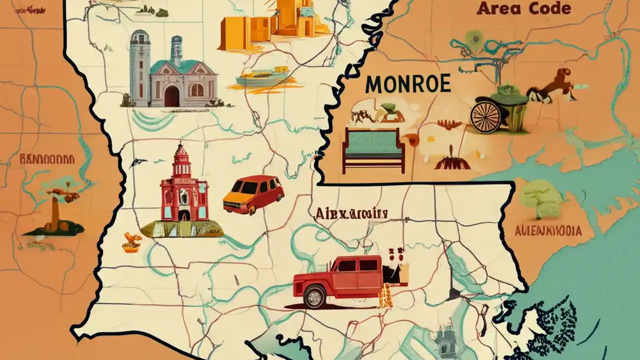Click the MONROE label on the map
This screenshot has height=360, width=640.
pos(407,84)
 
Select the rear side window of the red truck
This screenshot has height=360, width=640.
pos(369,264)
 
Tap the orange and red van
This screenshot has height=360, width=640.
pos(253,194)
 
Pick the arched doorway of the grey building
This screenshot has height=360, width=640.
pos(171,94)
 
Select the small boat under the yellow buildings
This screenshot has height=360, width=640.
pos(262,78)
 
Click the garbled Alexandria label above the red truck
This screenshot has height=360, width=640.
pos(351,214)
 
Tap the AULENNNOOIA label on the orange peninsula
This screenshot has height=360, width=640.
pos(548,231)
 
